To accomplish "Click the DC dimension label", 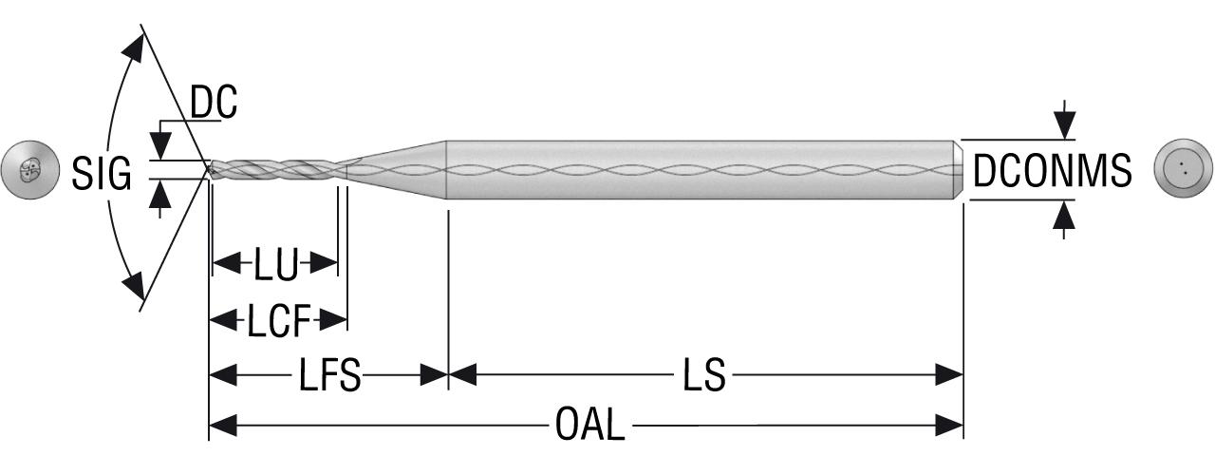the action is [x=214, y=102].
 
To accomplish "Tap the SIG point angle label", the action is [x=102, y=173].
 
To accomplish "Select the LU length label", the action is [x=276, y=264].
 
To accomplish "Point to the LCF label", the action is [x=279, y=320].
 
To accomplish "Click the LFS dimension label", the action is [x=329, y=374].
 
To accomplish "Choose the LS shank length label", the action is [x=704, y=374].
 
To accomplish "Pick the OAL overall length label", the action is [x=589, y=425].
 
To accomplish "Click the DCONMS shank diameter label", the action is [x=1053, y=170].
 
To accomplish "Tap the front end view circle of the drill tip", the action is [x=29, y=170].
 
